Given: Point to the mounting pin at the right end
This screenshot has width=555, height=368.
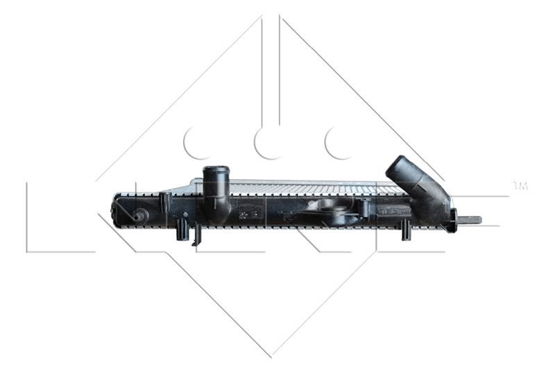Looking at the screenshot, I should tap(470, 220).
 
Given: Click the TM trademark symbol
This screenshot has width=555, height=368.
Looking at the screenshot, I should tap(520, 185).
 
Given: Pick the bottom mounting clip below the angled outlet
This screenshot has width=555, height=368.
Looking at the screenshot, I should tap(406, 230).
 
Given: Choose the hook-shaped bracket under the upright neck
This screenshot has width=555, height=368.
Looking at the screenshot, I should tap(196, 234).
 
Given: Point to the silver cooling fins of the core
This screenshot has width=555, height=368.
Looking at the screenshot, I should tap(312, 187).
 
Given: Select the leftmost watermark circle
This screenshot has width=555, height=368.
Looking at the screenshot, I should tap(197, 142).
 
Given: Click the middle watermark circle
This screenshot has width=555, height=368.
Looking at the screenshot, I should tap(268, 142).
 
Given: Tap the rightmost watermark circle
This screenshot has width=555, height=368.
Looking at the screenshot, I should tap(339, 142).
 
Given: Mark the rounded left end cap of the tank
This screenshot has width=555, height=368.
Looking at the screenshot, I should tap(119, 209).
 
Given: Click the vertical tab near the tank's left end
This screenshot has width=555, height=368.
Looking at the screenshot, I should tap(165, 202).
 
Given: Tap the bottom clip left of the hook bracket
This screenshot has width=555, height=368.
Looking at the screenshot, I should tap(182, 228).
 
